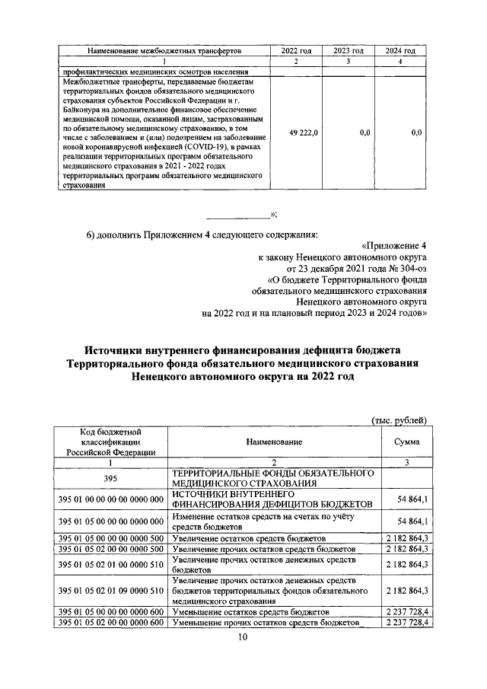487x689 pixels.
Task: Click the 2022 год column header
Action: [x=296, y=51]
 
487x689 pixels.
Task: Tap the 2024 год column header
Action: [x=400, y=51]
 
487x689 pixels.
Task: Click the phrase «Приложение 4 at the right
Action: [x=397, y=244]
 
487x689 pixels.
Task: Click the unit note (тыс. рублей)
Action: [x=399, y=420]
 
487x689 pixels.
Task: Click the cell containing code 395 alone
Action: [x=110, y=477]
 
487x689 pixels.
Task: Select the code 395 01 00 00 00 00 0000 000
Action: [x=110, y=499]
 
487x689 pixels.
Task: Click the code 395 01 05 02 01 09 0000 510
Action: [x=110, y=591]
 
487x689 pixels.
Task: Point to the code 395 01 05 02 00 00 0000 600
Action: [x=110, y=623]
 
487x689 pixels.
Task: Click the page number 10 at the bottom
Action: [x=243, y=637]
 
